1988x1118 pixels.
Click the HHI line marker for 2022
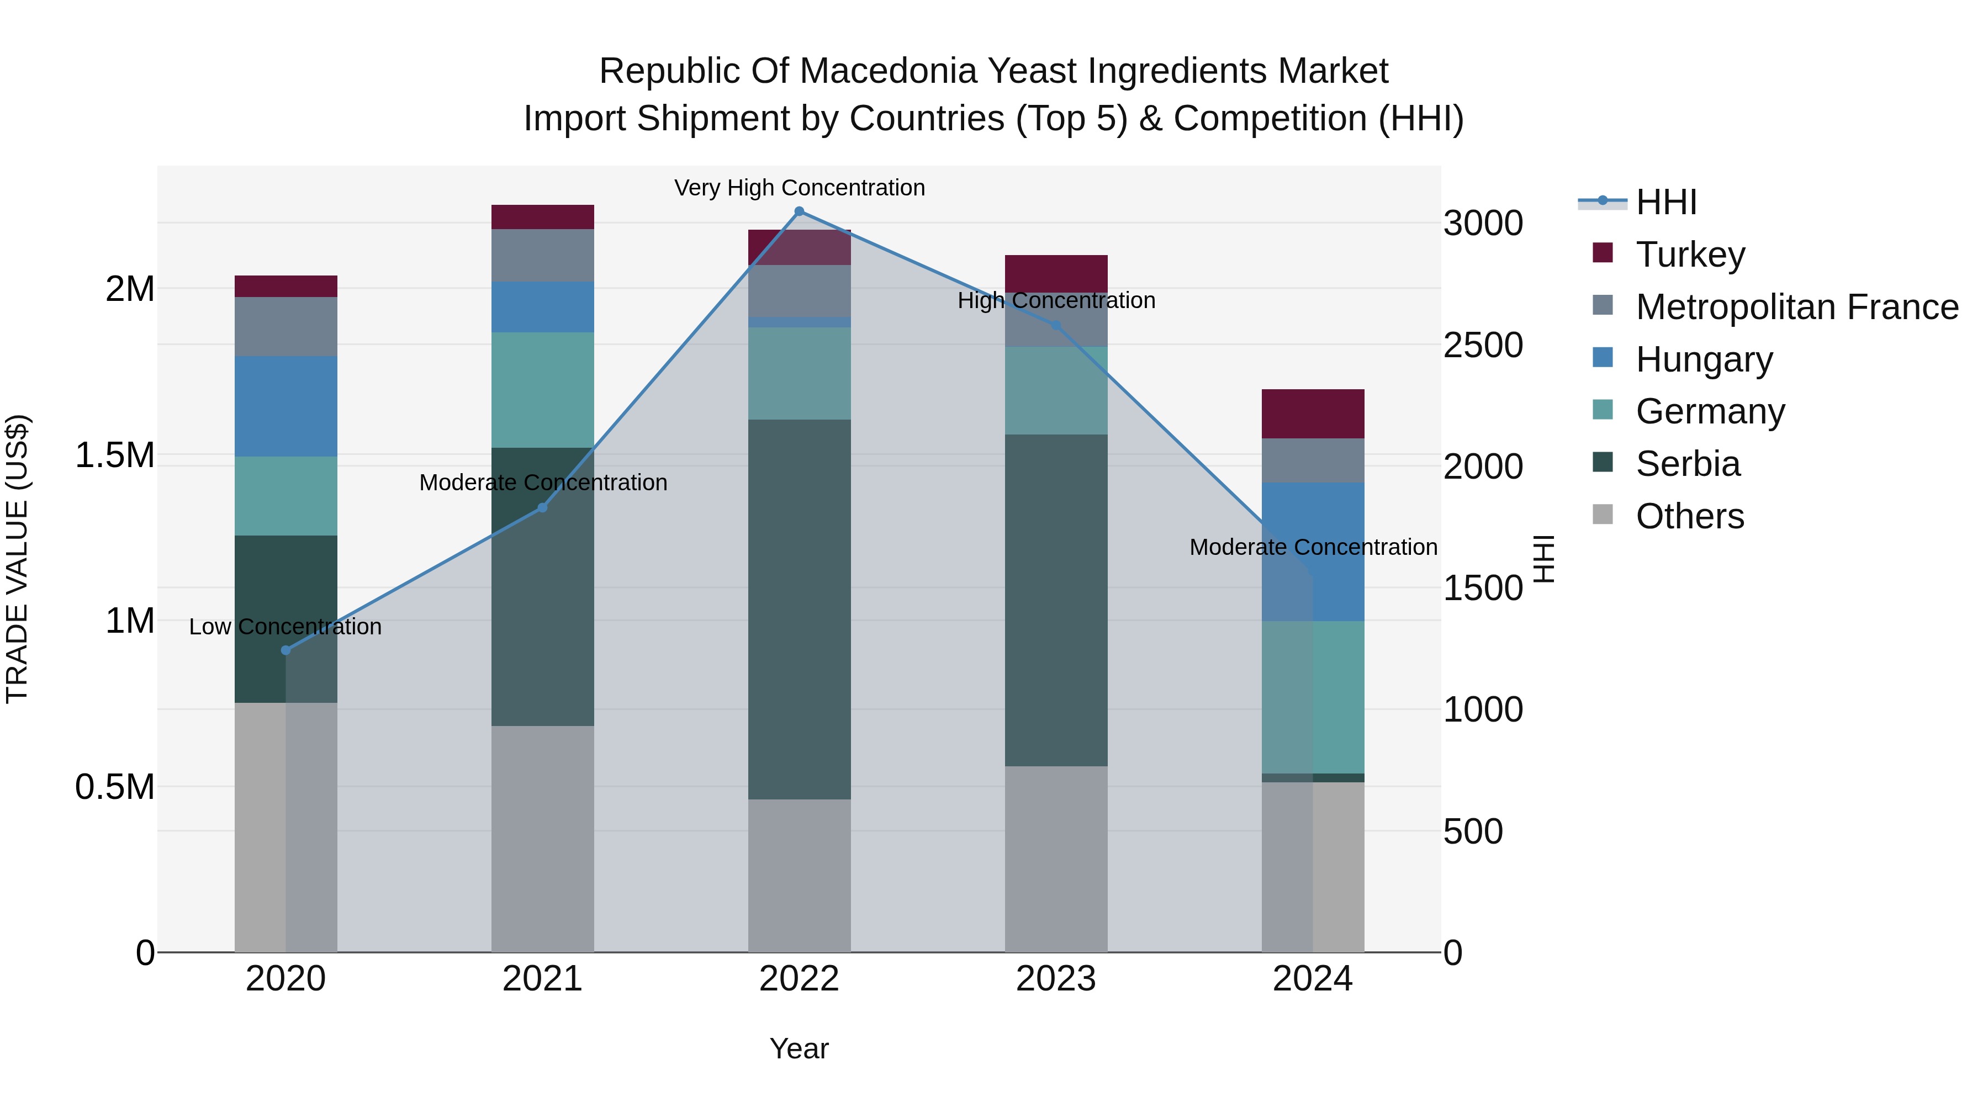[800, 211]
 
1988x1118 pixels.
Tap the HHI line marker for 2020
[285, 650]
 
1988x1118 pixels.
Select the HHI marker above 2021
[542, 508]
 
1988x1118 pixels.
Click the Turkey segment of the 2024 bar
[1313, 414]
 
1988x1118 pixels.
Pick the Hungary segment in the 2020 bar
[285, 406]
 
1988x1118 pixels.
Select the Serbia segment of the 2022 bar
[800, 609]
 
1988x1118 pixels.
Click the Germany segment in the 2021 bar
[542, 390]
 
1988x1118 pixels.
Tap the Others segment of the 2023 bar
[1056, 859]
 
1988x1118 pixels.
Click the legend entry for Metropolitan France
[1796, 307]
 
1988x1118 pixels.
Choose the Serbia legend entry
[1687, 464]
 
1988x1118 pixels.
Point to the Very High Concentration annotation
[800, 188]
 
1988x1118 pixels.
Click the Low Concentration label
[285, 627]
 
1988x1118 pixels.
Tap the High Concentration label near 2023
[1056, 300]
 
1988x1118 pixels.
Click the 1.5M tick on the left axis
[114, 455]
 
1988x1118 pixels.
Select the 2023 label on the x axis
[1056, 979]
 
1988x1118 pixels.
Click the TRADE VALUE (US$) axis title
[17, 559]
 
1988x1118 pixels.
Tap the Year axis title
[799, 1048]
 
